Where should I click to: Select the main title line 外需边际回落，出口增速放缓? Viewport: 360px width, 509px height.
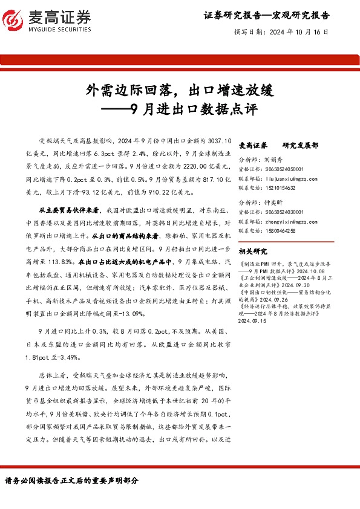tap(180, 91)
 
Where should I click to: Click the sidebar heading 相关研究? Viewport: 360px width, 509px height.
tap(253, 251)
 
